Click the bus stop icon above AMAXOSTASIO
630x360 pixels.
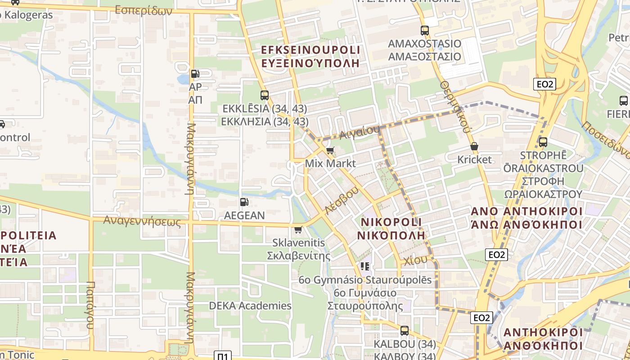424,31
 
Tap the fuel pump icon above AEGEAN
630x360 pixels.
244,202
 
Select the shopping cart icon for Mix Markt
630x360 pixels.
330,150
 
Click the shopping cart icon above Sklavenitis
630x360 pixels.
298,230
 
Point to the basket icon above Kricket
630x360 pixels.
474,146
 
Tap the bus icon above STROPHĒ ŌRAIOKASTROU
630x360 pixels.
543,142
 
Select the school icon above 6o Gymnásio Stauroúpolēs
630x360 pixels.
365,266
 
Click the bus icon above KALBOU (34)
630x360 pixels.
405,331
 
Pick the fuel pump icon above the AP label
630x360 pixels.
195,74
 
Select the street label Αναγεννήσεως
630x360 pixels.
142,221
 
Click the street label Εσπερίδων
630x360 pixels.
144,10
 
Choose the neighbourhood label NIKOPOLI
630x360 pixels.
391,222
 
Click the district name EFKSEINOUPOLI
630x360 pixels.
310,50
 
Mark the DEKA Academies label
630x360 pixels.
250,306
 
